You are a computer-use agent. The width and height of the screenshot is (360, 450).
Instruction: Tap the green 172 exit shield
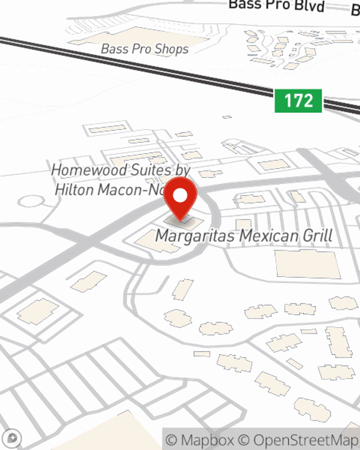[x=298, y=100]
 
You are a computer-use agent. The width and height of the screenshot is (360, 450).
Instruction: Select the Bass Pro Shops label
[x=145, y=49]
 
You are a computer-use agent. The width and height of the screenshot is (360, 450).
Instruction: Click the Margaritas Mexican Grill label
[x=244, y=236]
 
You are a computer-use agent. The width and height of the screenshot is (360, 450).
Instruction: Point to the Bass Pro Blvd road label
[x=276, y=5]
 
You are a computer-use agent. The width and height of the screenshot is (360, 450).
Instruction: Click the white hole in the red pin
[x=180, y=196]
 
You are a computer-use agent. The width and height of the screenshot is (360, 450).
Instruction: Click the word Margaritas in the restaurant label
[x=196, y=236]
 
